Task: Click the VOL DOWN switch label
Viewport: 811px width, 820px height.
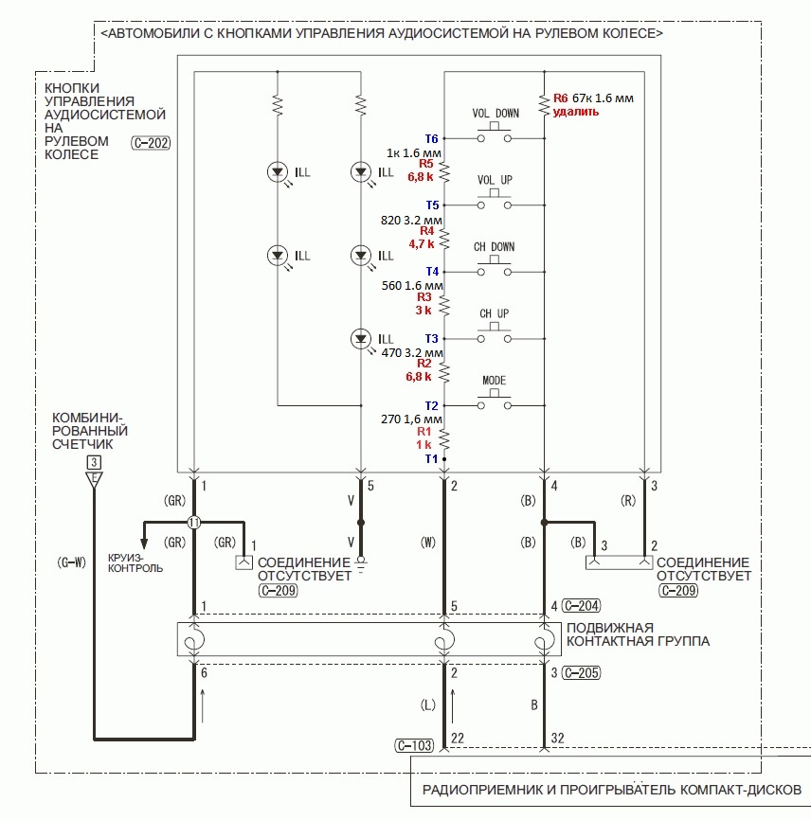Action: click(496, 114)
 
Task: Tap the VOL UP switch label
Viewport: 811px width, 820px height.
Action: click(496, 180)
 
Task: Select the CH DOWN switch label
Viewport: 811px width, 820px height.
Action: click(495, 247)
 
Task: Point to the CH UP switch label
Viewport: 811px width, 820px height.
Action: click(495, 313)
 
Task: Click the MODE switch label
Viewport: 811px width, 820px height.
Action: click(495, 381)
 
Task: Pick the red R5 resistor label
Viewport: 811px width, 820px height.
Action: click(426, 164)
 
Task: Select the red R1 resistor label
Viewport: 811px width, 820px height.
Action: click(425, 431)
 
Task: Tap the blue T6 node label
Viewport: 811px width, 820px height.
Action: click(431, 138)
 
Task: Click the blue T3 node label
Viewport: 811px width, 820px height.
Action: click(431, 338)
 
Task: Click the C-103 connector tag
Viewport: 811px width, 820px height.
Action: click(413, 746)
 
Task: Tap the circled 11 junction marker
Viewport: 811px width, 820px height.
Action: click(194, 522)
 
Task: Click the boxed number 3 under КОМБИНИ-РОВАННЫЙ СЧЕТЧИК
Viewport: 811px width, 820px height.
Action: click(93, 462)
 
